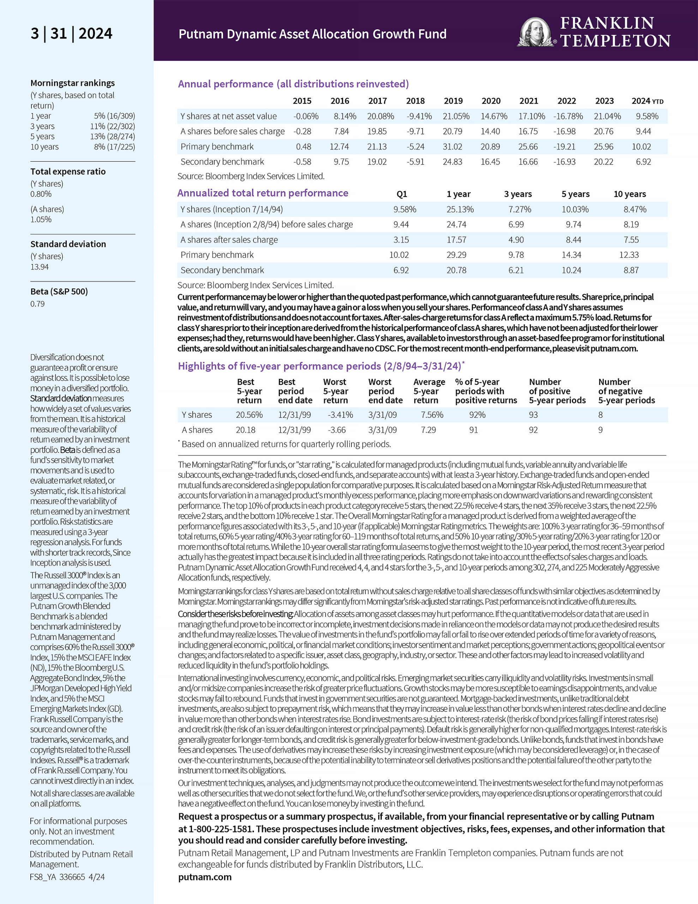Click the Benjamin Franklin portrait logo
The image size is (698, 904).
click(x=537, y=32)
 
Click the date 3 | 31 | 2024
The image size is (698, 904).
click(x=71, y=34)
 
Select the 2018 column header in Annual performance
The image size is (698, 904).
click(x=415, y=101)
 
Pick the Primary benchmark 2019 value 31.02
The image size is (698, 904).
click(x=452, y=147)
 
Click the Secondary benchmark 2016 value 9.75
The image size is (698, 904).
click(x=341, y=162)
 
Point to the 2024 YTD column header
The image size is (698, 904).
click(x=647, y=101)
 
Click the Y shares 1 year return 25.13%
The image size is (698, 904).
click(x=460, y=209)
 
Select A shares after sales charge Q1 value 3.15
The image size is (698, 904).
click(x=401, y=240)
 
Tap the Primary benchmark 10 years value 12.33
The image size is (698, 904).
click(x=629, y=255)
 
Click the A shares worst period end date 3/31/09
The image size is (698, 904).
click(x=382, y=430)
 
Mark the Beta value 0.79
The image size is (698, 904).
click(x=37, y=304)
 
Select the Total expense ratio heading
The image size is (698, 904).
click(x=68, y=171)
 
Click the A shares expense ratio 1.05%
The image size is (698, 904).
click(x=41, y=219)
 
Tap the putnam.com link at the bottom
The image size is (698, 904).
click(x=205, y=877)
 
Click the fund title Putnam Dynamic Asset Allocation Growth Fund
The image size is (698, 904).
click(x=312, y=34)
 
